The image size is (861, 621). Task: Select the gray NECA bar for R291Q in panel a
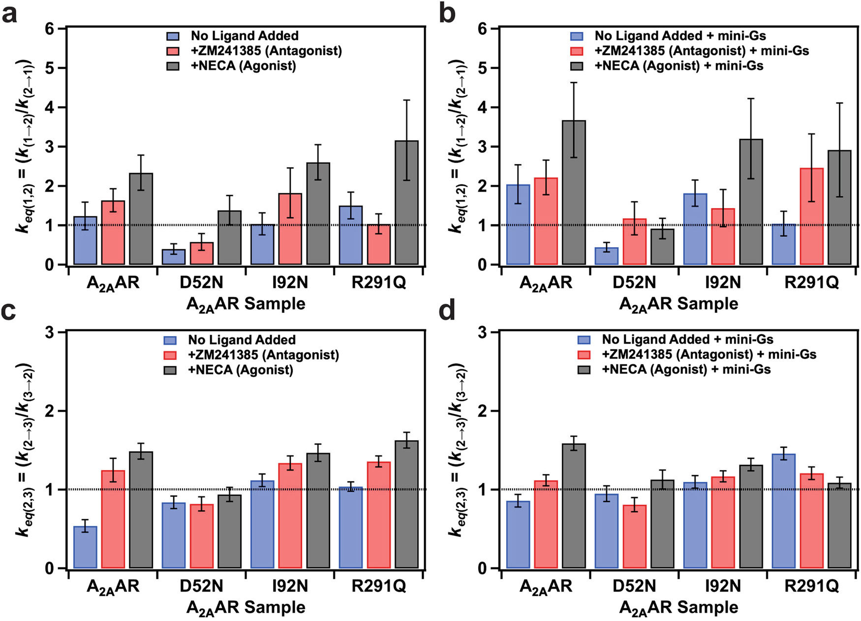[x=406, y=203]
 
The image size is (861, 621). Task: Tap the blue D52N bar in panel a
[x=174, y=257]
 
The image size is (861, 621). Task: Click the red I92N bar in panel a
[x=290, y=229]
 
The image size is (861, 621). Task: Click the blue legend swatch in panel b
[x=576, y=36]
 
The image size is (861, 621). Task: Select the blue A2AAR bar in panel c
[x=85, y=547]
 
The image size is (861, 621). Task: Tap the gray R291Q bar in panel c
[x=406, y=504]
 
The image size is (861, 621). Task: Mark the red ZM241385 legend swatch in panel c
[x=170, y=355]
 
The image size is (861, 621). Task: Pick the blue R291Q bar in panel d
[x=784, y=511]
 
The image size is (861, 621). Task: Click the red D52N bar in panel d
[x=634, y=536]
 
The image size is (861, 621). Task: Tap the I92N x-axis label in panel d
[x=723, y=586]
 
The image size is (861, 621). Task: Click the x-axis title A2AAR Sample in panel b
[x=678, y=304]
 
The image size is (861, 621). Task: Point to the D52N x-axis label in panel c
[x=201, y=586]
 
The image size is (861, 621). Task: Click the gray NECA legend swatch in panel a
[x=173, y=65]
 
